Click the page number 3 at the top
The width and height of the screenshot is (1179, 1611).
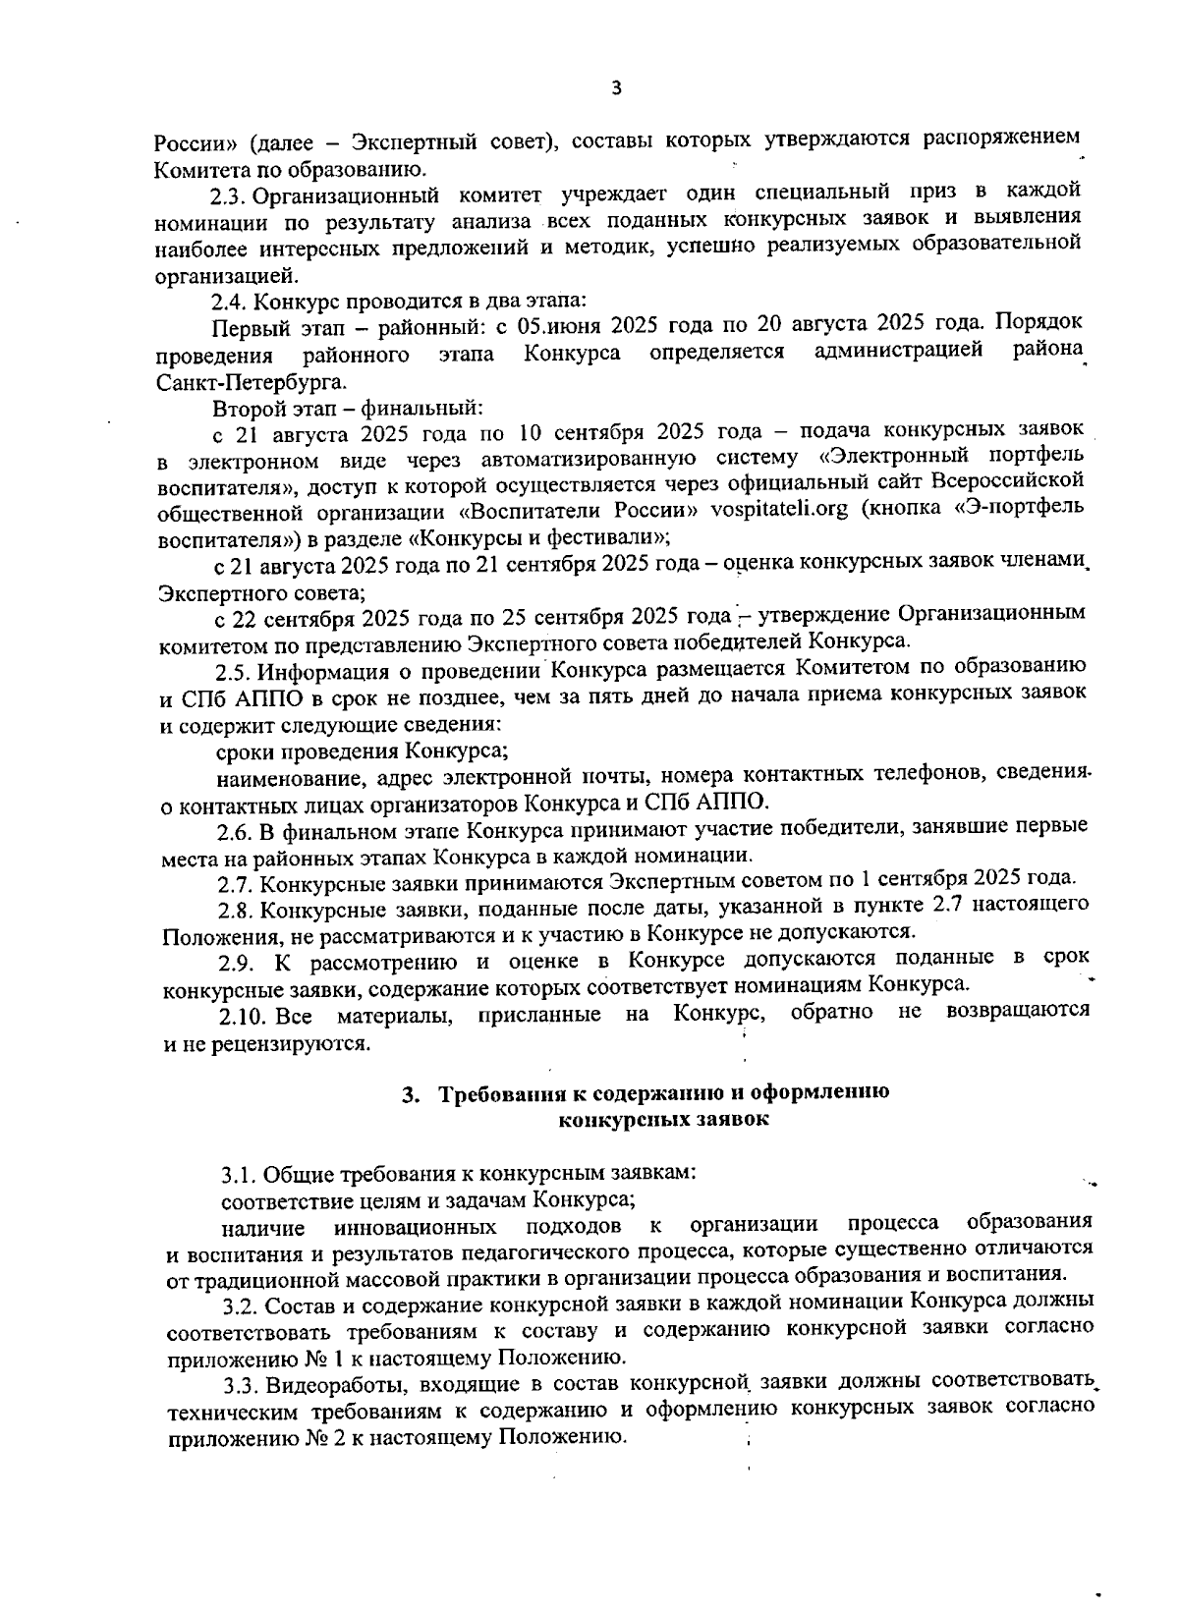[x=616, y=88]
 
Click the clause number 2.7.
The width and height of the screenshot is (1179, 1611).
[x=237, y=878]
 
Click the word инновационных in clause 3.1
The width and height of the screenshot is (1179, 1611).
[x=415, y=1228]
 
